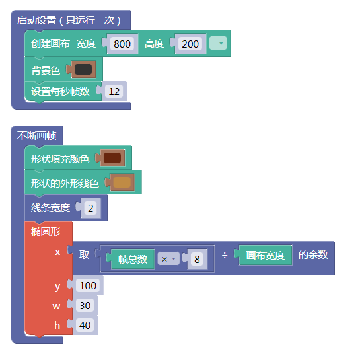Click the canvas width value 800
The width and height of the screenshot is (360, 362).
(122, 44)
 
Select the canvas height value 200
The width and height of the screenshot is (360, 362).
(190, 44)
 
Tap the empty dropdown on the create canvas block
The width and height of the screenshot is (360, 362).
(218, 43)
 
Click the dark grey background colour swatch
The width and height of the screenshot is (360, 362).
(83, 69)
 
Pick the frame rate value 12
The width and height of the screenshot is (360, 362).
(114, 91)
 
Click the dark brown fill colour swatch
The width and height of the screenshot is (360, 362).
(112, 158)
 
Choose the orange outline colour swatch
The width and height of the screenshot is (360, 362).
(122, 182)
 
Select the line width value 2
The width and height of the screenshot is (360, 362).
(90, 208)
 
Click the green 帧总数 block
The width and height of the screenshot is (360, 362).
(133, 259)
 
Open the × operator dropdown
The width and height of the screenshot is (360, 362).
(168, 259)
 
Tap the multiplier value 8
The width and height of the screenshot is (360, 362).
(197, 259)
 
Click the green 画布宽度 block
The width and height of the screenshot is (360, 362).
(266, 255)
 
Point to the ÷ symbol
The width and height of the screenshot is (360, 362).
(225, 256)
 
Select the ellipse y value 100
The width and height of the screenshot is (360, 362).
(88, 285)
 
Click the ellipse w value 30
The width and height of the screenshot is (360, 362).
(85, 305)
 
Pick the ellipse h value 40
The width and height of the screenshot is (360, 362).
(85, 325)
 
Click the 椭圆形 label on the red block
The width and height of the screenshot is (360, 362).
(46, 231)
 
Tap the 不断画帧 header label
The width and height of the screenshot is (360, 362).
(37, 135)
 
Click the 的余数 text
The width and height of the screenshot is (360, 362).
(313, 255)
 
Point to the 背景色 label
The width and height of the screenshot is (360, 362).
(46, 70)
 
